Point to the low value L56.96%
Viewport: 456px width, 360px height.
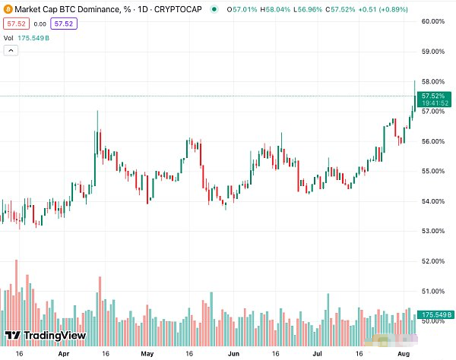[310, 9]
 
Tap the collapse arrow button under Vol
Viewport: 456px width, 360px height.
[11, 51]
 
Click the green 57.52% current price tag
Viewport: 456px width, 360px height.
[432, 96]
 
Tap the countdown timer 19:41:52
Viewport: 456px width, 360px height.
[432, 103]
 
